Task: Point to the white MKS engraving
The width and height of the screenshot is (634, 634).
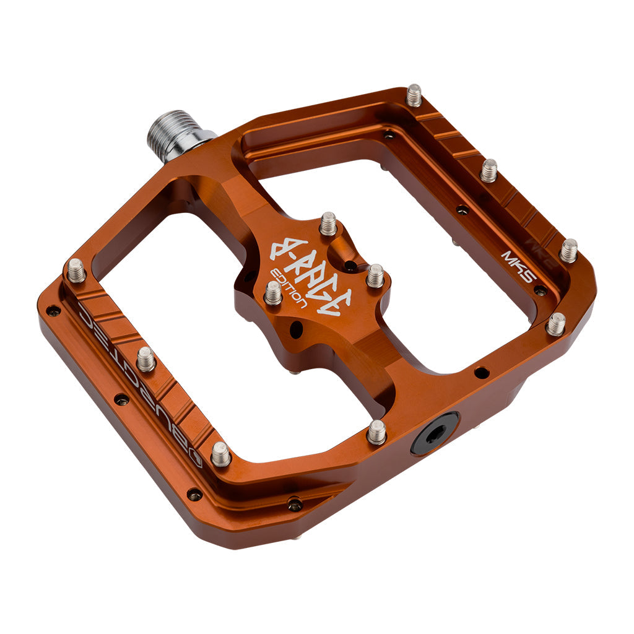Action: (517, 266)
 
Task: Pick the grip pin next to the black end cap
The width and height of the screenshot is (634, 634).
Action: (376, 432)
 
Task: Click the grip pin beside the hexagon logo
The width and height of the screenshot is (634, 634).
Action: (221, 454)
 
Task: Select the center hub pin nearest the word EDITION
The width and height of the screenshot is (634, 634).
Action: (273, 292)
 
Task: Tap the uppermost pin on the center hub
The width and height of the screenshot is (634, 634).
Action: (328, 224)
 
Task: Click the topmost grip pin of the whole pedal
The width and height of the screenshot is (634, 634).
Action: (414, 95)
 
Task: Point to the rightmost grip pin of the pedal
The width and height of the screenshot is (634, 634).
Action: (568, 250)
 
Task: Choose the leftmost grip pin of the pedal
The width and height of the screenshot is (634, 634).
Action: (76, 271)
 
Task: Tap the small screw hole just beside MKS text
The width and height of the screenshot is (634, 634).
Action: (541, 290)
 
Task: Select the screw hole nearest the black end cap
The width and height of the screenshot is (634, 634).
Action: (480, 373)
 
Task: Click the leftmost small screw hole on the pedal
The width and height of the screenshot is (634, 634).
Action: (54, 310)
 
